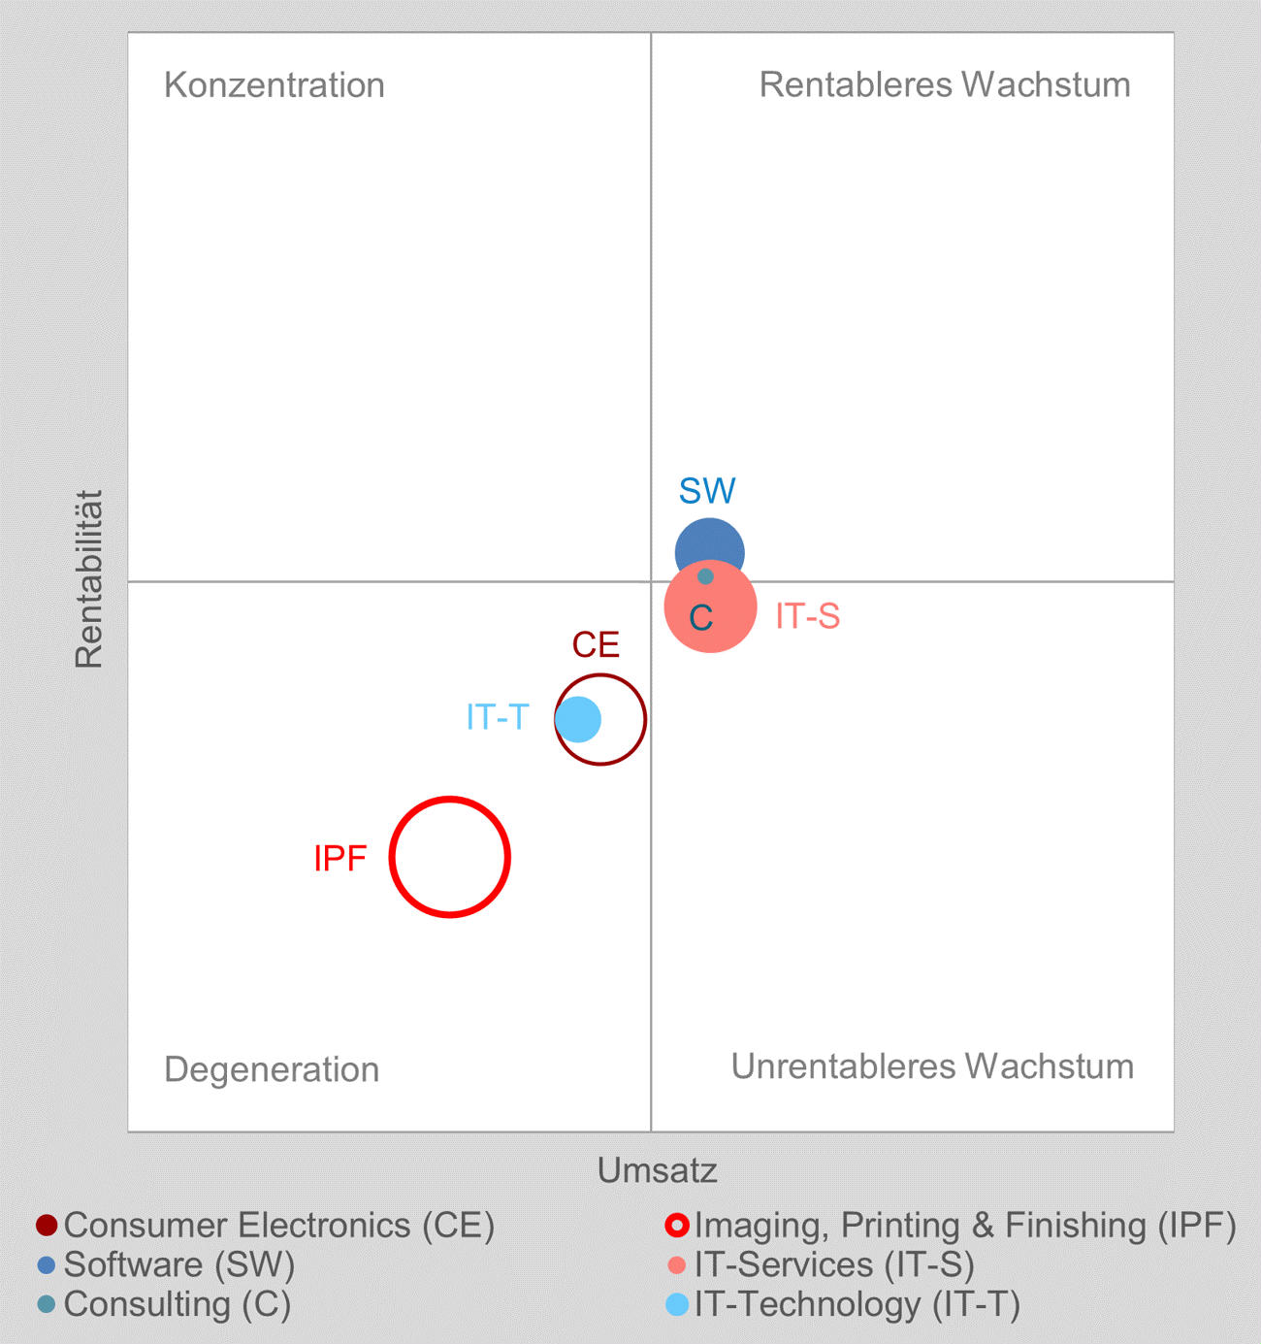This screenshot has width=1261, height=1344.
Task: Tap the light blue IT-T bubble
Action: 578,719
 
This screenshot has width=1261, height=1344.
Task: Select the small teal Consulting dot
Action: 705,576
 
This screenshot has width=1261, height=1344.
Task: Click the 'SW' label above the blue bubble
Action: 707,491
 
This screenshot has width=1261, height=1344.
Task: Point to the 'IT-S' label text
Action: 807,616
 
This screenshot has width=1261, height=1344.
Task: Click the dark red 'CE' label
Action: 596,644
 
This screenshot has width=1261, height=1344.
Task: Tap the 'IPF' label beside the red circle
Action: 340,858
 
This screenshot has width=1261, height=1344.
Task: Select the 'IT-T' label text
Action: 497,717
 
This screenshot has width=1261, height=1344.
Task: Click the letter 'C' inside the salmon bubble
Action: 700,618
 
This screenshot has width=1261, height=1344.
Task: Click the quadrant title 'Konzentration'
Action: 275,85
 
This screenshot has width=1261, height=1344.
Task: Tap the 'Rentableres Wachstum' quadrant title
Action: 945,85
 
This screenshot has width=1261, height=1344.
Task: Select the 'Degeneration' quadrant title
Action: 272,1069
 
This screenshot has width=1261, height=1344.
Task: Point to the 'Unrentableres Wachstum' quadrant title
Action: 932,1066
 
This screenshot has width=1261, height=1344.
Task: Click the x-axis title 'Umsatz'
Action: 657,1170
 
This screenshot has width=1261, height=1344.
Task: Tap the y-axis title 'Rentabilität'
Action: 89,579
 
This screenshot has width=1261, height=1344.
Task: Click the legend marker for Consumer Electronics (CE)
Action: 46,1226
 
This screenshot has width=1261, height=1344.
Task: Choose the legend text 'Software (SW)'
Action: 178,1265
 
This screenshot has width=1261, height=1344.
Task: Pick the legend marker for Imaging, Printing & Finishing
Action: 677,1226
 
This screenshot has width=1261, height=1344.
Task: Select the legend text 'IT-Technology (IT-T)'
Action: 857,1305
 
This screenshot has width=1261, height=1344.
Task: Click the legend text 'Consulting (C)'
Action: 177,1305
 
